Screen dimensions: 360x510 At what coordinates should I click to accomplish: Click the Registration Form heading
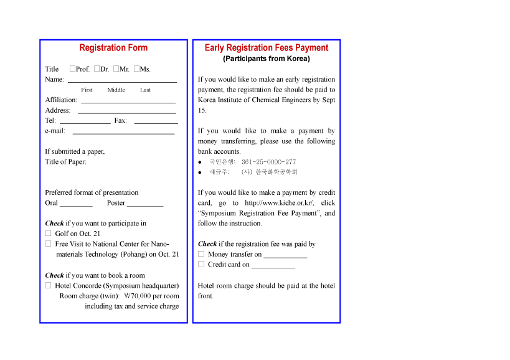(113, 48)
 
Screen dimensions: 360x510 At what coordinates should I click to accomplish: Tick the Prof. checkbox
(73, 69)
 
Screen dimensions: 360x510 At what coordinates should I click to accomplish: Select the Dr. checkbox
(97, 69)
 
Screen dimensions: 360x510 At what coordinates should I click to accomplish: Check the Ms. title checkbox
(136, 69)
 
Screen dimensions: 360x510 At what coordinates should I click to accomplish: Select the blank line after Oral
(76, 205)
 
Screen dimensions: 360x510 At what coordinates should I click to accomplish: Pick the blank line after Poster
(144, 205)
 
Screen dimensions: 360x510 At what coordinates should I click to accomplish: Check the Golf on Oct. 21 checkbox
(48, 234)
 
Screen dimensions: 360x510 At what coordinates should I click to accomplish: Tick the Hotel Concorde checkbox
(48, 285)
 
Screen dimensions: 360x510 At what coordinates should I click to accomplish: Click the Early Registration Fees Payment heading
(267, 48)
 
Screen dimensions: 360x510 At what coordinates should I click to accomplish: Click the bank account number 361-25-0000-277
(268, 162)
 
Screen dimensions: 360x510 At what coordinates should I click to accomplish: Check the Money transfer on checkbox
(201, 254)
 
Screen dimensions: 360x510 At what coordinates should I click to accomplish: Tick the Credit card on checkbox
(201, 264)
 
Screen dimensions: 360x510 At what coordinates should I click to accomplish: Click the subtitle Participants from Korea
(267, 59)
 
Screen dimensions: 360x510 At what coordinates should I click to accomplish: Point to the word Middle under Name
(116, 90)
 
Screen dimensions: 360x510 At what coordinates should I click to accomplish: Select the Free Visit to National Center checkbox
(48, 244)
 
